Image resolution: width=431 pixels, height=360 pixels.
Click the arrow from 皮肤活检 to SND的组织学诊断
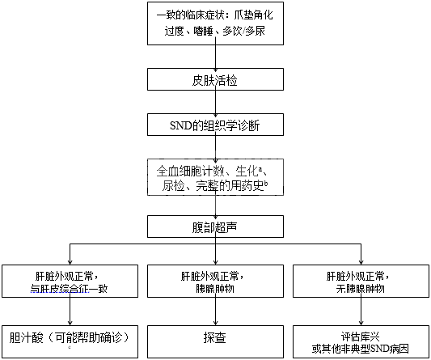point(215,102)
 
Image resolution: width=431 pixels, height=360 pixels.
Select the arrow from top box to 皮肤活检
point(215,57)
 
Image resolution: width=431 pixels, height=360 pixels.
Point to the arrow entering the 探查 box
point(215,311)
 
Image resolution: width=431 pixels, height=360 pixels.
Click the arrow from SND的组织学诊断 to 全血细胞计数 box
point(215,147)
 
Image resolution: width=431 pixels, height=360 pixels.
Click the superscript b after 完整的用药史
point(266,184)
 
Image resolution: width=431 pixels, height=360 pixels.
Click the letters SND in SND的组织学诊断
point(180,125)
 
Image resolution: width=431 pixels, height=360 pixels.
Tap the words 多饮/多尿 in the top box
point(243,31)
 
